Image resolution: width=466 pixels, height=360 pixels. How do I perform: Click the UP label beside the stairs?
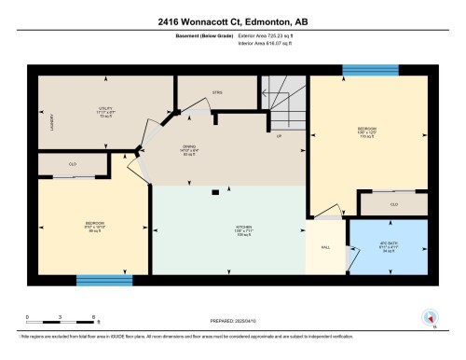pos(278,136)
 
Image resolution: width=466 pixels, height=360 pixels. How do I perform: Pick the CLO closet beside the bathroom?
pos(393,203)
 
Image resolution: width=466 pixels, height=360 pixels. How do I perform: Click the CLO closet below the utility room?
pos(73,164)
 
